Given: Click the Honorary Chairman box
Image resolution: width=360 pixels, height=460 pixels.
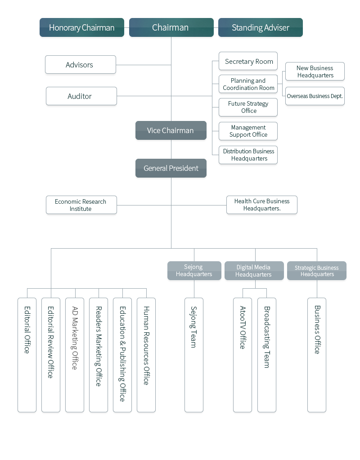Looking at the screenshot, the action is (x=82, y=27).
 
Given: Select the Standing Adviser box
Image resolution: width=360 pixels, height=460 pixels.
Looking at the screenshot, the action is (x=261, y=27).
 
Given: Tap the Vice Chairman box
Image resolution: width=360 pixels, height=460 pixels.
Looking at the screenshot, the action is (x=171, y=130).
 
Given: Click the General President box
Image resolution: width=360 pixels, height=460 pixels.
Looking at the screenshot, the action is (x=171, y=168).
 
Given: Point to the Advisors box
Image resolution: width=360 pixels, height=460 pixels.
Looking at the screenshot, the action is (x=81, y=65).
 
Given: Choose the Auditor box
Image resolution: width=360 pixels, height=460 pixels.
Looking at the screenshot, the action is (x=81, y=96).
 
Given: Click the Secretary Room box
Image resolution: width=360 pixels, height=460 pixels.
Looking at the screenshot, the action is (x=248, y=61).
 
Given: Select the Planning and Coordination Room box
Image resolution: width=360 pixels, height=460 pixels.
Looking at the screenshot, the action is (x=248, y=84).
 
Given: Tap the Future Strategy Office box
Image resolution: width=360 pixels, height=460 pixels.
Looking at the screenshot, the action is (x=248, y=107).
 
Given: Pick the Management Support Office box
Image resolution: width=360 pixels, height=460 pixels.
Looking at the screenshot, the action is (x=248, y=131).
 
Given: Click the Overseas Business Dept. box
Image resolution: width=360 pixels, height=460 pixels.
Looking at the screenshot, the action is (x=315, y=96).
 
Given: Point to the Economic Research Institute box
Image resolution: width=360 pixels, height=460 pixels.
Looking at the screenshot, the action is (x=81, y=205).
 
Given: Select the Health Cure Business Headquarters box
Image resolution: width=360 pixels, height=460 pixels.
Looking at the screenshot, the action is (x=262, y=205).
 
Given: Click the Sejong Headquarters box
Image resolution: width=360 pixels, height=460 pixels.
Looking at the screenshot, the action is (x=194, y=271).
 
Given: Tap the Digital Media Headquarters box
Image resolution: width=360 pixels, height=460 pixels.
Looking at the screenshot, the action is (x=254, y=271).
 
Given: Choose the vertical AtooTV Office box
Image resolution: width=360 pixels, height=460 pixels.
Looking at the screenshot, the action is (x=243, y=355).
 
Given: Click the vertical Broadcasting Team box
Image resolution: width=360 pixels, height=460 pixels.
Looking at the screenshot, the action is (x=267, y=355).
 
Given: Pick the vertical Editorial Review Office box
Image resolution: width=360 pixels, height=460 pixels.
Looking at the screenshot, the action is (x=51, y=355).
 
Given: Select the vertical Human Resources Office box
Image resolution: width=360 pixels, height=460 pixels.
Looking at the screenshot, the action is (x=146, y=355).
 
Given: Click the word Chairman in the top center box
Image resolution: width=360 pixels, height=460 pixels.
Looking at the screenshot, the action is (x=170, y=27).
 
